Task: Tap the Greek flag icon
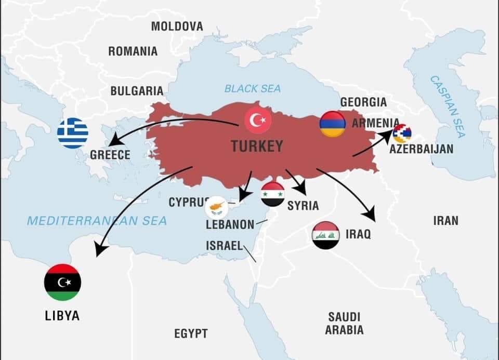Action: (73, 134)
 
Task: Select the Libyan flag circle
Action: (62, 282)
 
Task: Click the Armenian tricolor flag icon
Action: (333, 124)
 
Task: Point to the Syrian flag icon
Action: (273, 194)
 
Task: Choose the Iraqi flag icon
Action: (326, 235)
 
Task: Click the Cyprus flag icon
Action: (217, 208)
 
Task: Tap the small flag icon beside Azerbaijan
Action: (402, 134)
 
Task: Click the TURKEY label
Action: (257, 146)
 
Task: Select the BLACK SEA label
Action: (253, 89)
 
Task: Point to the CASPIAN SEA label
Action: (448, 106)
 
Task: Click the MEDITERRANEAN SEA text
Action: (97, 221)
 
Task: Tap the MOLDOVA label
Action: (177, 26)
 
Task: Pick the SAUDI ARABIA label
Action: (344, 323)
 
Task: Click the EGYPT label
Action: (191, 334)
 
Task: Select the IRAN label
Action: (445, 220)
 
